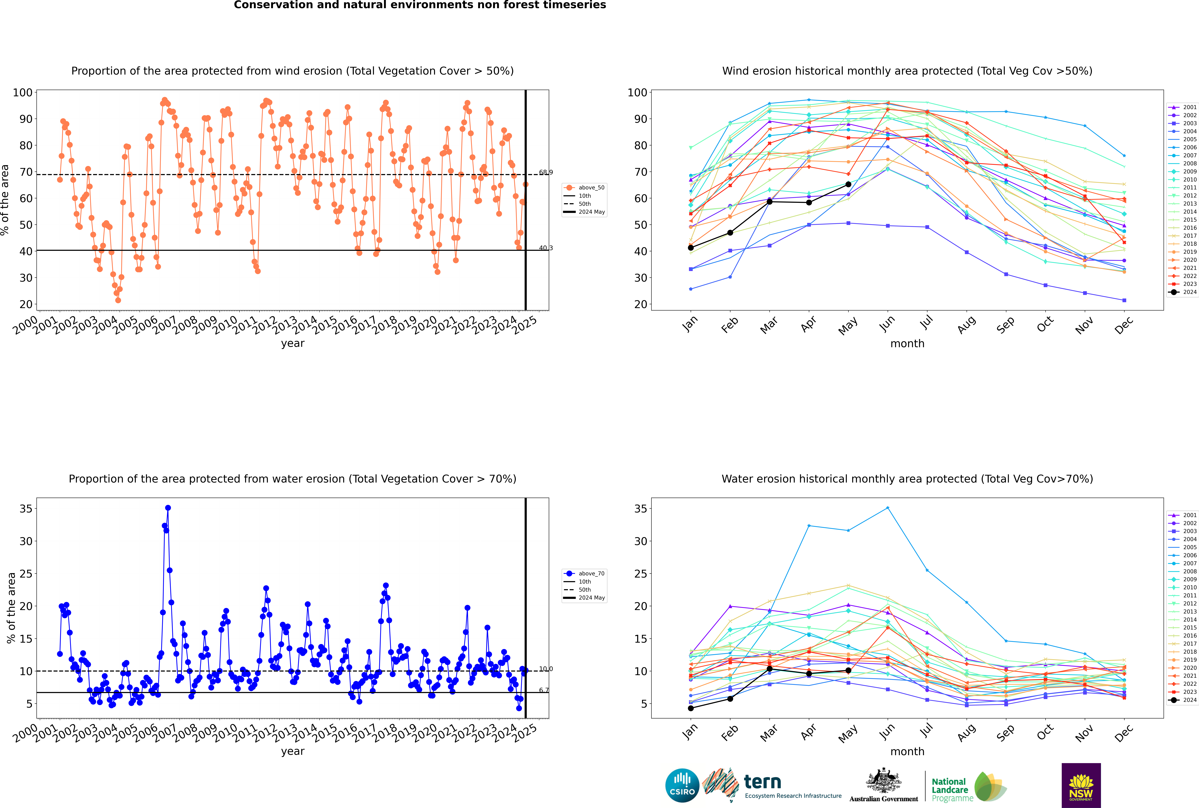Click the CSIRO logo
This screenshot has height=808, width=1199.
(x=682, y=785)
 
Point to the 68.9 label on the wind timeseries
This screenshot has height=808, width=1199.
(x=546, y=172)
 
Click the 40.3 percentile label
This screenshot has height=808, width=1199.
(x=546, y=248)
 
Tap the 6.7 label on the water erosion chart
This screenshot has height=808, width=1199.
(x=544, y=690)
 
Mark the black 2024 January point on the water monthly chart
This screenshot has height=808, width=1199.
(x=691, y=708)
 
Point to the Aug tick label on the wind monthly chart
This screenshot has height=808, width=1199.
(x=966, y=325)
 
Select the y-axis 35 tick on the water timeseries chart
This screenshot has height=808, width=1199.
(x=26, y=509)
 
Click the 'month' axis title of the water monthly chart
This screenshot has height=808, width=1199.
(x=907, y=751)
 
